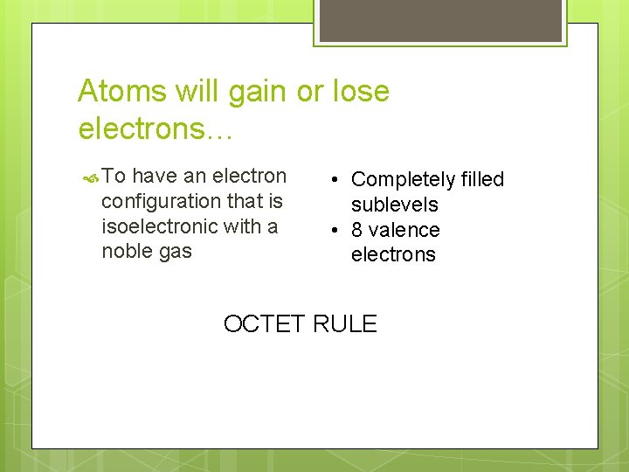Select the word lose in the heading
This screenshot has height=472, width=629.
click(x=360, y=91)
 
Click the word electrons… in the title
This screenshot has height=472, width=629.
click(x=153, y=128)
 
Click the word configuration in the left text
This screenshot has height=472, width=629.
click(x=161, y=202)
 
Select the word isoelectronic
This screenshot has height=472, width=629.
click(x=160, y=226)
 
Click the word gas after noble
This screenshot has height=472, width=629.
click(x=175, y=252)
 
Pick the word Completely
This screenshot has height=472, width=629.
click(x=403, y=180)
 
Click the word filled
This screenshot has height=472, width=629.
click(x=482, y=180)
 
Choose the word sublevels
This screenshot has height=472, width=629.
click(x=394, y=205)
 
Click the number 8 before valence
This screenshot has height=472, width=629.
click(x=357, y=230)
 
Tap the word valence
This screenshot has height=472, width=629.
click(x=404, y=230)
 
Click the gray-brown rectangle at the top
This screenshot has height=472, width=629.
click(x=440, y=20)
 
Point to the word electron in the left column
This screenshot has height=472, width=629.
click(x=249, y=177)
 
